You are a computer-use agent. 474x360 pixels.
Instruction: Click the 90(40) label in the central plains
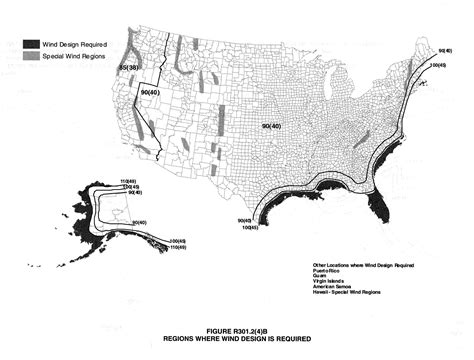[271, 126]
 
